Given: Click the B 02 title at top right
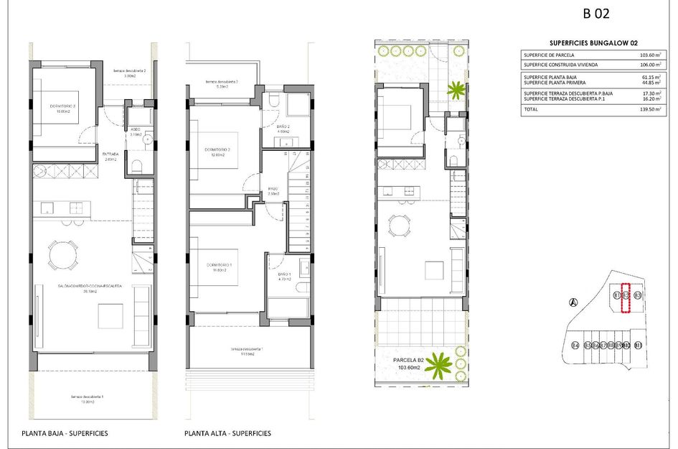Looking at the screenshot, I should (596, 13).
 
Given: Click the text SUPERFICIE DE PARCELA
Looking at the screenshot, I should (550, 55).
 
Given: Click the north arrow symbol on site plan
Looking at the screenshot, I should (573, 302).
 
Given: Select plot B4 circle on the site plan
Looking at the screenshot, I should (575, 346).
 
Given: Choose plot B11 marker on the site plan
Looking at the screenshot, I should (638, 346).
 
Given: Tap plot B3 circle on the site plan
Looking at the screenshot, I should (636, 295).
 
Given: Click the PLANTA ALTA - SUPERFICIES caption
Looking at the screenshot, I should (227, 433).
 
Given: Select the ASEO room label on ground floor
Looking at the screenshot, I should (135, 130).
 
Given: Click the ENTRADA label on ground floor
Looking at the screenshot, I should (111, 154).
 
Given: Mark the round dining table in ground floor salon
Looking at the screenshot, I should (60, 254).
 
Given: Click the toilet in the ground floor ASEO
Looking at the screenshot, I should (136, 167).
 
